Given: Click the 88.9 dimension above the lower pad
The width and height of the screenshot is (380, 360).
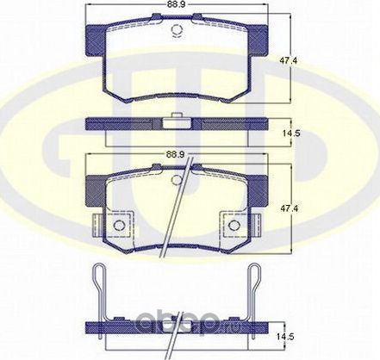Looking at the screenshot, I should click(x=178, y=156).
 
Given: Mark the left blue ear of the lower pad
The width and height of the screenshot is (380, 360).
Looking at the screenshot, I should click(x=93, y=184).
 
